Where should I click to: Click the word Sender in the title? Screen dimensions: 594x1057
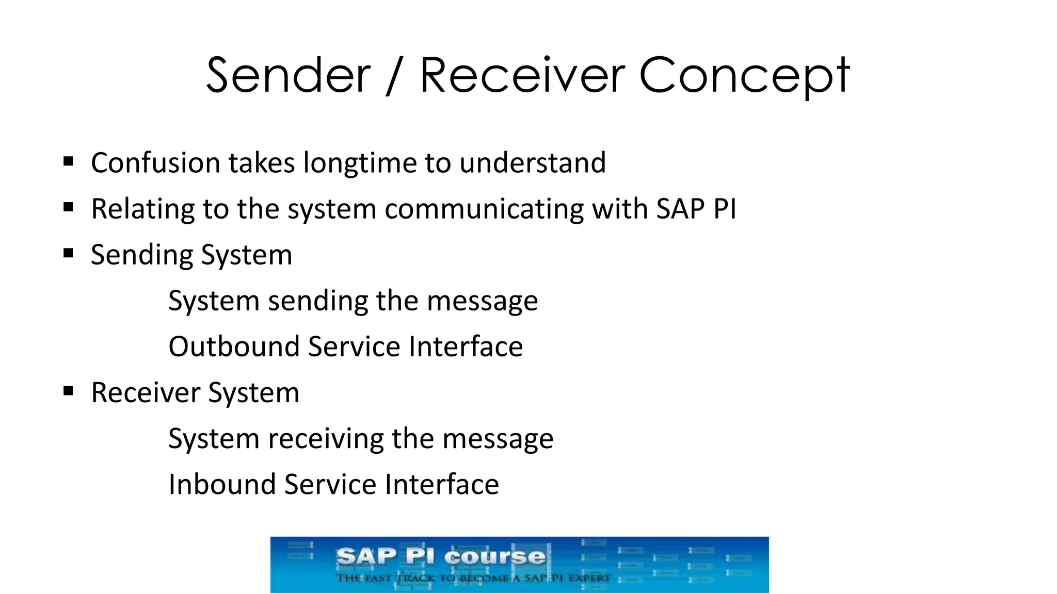pyautogui.click(x=288, y=76)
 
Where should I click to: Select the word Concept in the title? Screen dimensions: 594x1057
pyautogui.click(x=744, y=76)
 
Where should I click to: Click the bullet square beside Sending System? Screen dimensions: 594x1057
pyautogui.click(x=68, y=253)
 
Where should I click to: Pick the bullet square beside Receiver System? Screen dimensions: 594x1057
pyautogui.click(x=68, y=391)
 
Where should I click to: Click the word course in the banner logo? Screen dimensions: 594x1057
pyautogui.click(x=494, y=557)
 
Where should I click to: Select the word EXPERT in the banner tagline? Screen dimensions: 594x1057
pyautogui.click(x=589, y=578)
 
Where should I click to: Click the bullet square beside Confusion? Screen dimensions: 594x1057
pyautogui.click(x=68, y=161)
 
